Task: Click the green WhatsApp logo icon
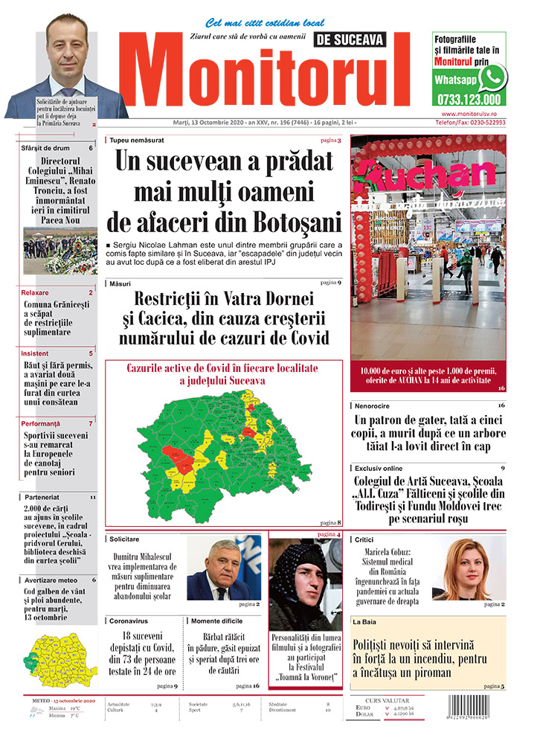(492, 77)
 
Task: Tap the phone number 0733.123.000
(469, 99)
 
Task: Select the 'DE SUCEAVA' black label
(352, 39)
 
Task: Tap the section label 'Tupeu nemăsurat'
(137, 140)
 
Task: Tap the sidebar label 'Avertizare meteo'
(51, 579)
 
